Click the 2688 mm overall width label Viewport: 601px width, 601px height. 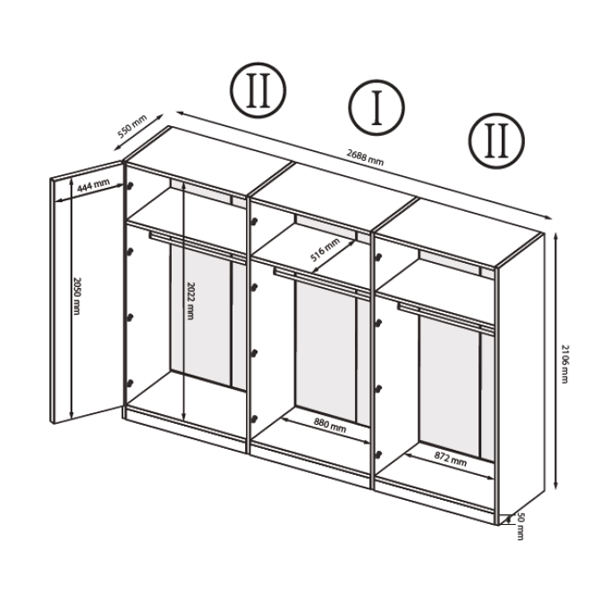(x=365, y=157)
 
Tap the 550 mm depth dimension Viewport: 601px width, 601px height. (x=132, y=126)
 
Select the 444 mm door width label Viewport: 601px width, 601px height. (x=94, y=185)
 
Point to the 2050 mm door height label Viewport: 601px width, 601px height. (x=77, y=296)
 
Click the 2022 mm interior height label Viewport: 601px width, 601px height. (x=190, y=300)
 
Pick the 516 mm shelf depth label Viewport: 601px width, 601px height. (x=325, y=250)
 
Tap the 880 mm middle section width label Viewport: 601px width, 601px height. (x=330, y=426)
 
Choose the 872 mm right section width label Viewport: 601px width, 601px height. (x=451, y=459)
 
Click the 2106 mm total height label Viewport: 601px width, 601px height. (x=564, y=364)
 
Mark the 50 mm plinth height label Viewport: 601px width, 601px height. (x=521, y=526)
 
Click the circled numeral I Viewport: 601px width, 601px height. (x=377, y=107)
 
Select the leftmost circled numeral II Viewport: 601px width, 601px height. (x=258, y=90)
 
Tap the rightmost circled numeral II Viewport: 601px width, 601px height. (x=496, y=140)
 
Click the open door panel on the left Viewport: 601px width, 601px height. (x=87, y=292)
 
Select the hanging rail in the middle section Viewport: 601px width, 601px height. (x=322, y=281)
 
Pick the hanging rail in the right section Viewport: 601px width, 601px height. (x=445, y=317)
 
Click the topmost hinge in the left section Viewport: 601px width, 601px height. (x=131, y=186)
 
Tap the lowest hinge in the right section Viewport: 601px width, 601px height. (x=378, y=454)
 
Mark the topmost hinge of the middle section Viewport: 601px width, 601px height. (x=254, y=221)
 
